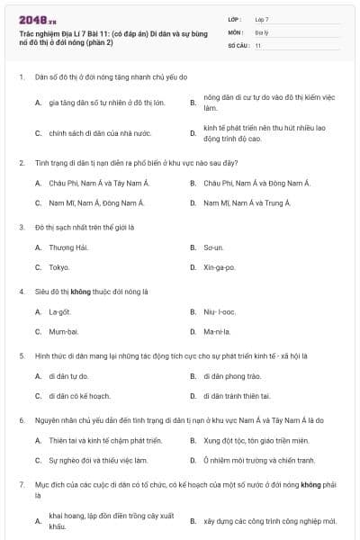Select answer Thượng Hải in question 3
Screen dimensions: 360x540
coord(68,247)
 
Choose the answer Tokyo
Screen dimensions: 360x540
coord(58,267)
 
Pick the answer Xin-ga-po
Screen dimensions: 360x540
coord(219,267)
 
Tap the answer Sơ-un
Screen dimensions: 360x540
coord(213,247)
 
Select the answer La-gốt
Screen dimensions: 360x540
coord(59,311)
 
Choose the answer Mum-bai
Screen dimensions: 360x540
coord(62,332)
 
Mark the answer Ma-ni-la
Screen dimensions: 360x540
coord(217,332)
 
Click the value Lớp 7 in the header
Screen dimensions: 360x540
coord(261,18)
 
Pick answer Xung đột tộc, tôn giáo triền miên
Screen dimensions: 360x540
coord(256,440)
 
